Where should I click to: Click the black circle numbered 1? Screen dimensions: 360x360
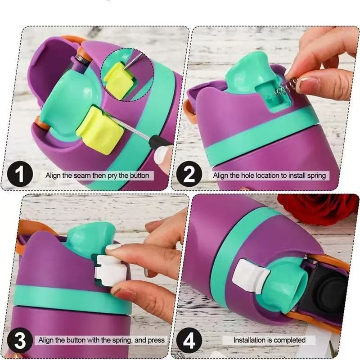[20, 175]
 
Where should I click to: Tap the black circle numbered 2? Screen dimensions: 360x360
[189, 175]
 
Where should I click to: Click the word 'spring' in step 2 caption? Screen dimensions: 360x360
[317, 176]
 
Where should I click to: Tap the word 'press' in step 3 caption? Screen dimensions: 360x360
[157, 340]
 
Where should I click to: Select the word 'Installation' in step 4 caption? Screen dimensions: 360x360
[248, 340]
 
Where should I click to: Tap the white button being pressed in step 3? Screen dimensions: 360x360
[109, 270]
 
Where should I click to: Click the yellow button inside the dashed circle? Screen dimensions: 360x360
[118, 81]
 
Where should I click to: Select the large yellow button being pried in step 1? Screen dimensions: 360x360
[98, 130]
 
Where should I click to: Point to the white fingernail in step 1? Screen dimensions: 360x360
[161, 154]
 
